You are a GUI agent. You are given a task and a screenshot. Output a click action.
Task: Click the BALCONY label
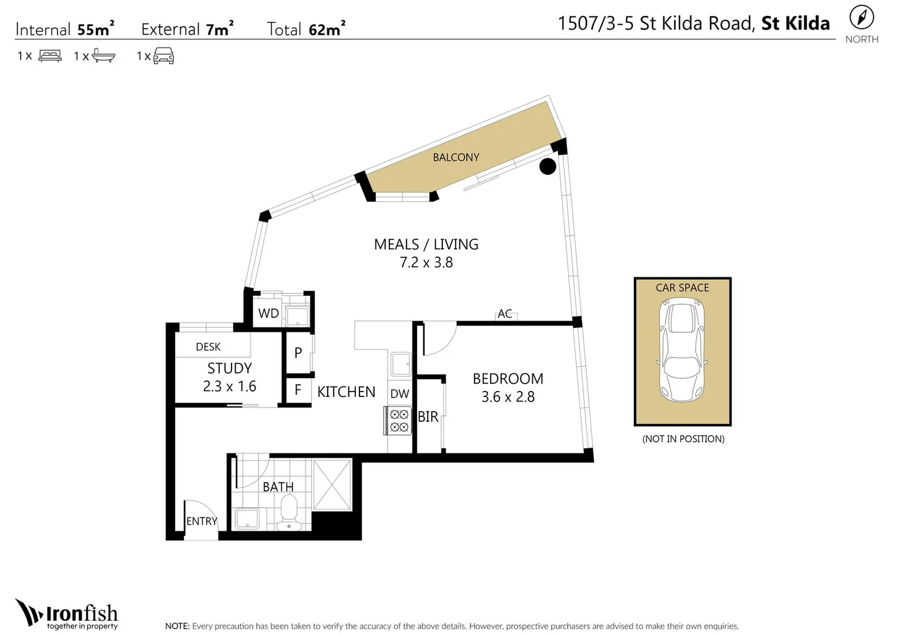point(456,158)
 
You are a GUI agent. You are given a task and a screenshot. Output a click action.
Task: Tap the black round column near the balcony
point(547,166)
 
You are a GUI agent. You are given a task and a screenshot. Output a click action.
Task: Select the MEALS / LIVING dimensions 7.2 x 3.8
point(426,263)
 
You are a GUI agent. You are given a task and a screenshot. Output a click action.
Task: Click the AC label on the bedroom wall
point(505,314)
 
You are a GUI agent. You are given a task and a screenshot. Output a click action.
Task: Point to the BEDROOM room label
point(508,379)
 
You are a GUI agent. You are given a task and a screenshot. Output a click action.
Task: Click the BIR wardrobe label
point(428,417)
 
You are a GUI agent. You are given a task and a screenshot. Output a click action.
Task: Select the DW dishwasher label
point(399,394)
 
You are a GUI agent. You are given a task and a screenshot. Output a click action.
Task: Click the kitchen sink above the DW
point(401,365)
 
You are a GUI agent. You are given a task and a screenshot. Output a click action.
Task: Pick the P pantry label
point(298,353)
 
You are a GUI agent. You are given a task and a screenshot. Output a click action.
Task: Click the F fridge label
point(298,390)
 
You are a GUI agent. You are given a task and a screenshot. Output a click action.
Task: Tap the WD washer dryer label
point(268,313)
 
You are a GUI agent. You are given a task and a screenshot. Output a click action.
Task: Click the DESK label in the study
point(208,347)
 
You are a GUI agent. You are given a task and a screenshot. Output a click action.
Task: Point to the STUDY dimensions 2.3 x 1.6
point(230,386)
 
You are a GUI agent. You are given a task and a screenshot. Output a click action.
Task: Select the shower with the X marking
point(332,485)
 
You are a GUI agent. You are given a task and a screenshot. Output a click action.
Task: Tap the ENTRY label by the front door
point(201,521)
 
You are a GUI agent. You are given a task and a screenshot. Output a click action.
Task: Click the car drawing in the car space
point(682,350)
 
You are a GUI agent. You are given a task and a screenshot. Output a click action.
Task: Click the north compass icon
point(861,18)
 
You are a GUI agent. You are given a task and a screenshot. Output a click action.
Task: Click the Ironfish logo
point(67,614)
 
